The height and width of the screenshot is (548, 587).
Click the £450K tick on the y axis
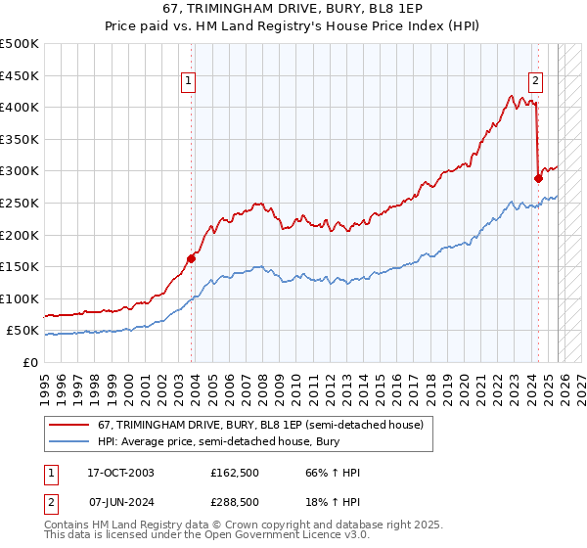[19, 75]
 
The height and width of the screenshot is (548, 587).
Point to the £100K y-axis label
[19, 298]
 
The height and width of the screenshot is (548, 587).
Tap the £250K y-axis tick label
[19, 203]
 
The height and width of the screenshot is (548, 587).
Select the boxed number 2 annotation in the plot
[537, 82]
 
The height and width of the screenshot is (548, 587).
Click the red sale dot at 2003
[192, 258]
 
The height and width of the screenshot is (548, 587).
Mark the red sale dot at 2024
[538, 178]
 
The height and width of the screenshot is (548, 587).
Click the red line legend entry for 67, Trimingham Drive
[260, 425]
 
